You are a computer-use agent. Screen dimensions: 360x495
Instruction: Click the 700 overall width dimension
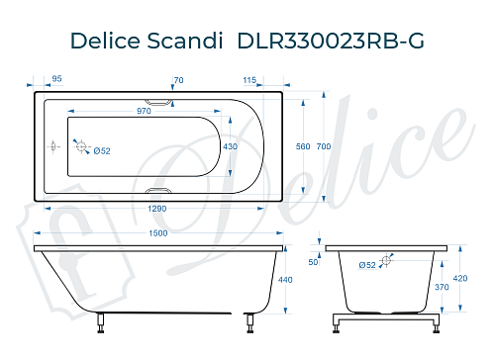click(322, 146)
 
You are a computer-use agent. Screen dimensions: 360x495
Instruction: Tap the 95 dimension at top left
click(57, 78)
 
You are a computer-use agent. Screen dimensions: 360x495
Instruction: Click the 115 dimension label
click(248, 78)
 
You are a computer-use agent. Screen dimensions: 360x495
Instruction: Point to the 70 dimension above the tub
click(178, 78)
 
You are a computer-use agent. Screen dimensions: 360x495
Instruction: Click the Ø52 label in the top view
click(101, 150)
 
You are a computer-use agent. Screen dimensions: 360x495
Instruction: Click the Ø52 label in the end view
click(367, 265)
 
